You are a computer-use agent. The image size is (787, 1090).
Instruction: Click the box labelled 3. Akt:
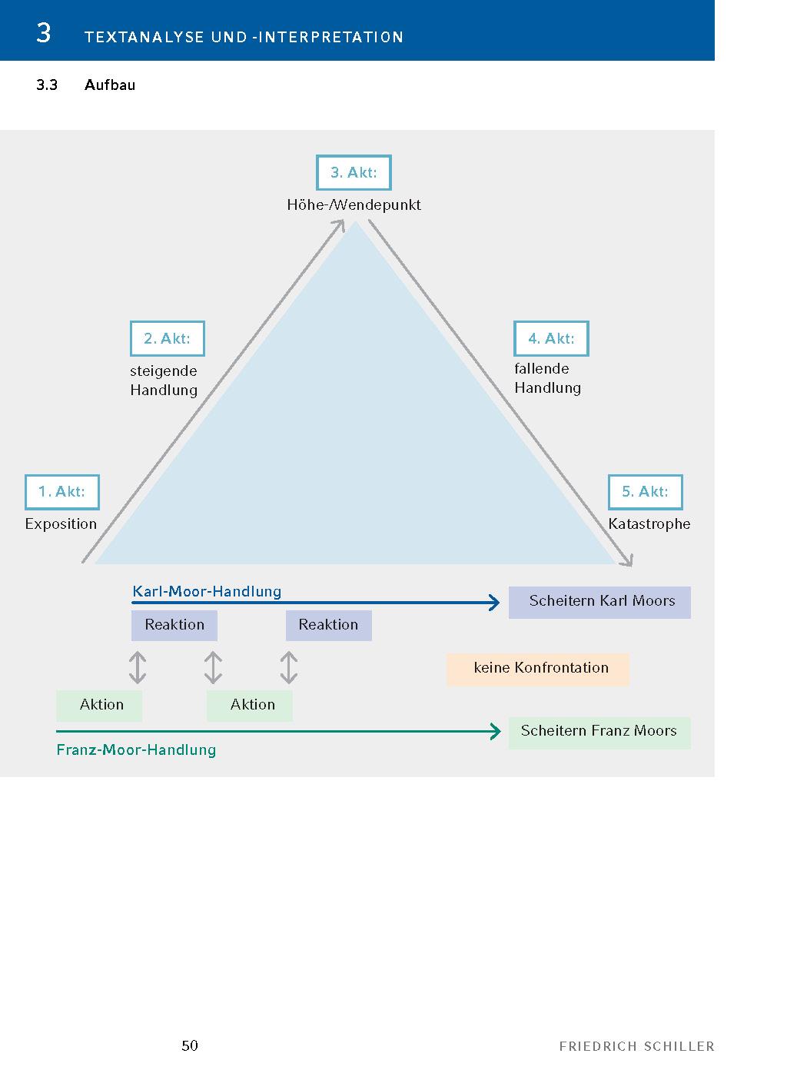point(354,173)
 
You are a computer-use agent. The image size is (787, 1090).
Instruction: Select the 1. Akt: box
point(62,492)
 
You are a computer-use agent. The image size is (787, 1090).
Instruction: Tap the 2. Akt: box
point(168,339)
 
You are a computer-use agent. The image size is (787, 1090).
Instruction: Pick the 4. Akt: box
point(551,339)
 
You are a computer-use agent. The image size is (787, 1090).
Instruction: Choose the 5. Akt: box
point(646,492)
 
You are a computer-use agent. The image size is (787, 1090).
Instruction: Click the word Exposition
point(61,524)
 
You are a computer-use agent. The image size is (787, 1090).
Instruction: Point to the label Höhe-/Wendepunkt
point(354,205)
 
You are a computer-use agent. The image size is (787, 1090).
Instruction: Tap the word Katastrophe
point(649,524)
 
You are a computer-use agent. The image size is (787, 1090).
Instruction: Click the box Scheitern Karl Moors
point(599,602)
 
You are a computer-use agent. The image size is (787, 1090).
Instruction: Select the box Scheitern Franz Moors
point(599,732)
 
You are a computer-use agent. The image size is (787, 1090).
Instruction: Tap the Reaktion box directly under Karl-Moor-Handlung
point(174,625)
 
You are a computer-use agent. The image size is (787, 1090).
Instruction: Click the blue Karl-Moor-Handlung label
point(207,591)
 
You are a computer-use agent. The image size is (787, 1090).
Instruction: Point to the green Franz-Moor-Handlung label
point(136,750)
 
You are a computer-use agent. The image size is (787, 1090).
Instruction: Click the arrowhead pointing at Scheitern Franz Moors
point(496,732)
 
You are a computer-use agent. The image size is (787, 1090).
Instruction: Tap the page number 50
point(190,1045)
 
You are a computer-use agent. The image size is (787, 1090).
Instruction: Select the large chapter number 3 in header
point(44,33)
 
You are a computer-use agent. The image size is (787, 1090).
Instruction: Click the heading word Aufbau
point(110,85)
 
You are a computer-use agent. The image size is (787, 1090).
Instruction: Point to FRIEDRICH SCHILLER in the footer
point(636,1046)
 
